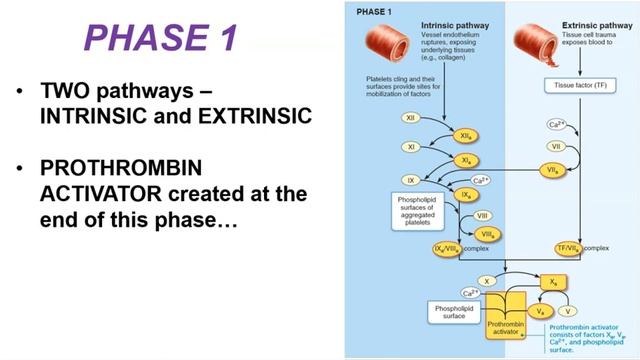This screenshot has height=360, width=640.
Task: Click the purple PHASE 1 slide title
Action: pyautogui.click(x=160, y=37)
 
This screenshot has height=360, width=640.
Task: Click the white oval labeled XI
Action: pyautogui.click(x=381, y=147)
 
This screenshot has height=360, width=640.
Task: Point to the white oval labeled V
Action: pyautogui.click(x=570, y=311)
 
